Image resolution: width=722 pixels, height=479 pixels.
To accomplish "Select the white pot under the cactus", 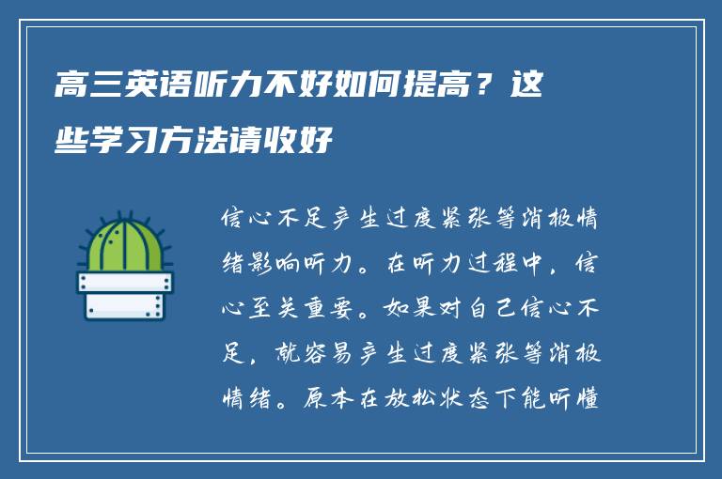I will coord(125,295).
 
